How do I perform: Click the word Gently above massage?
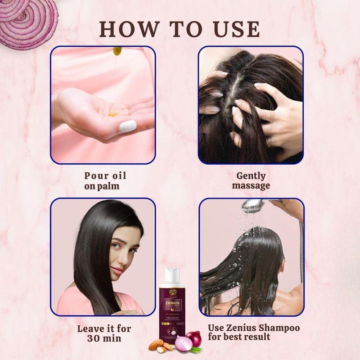251,176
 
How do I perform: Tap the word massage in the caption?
252,185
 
